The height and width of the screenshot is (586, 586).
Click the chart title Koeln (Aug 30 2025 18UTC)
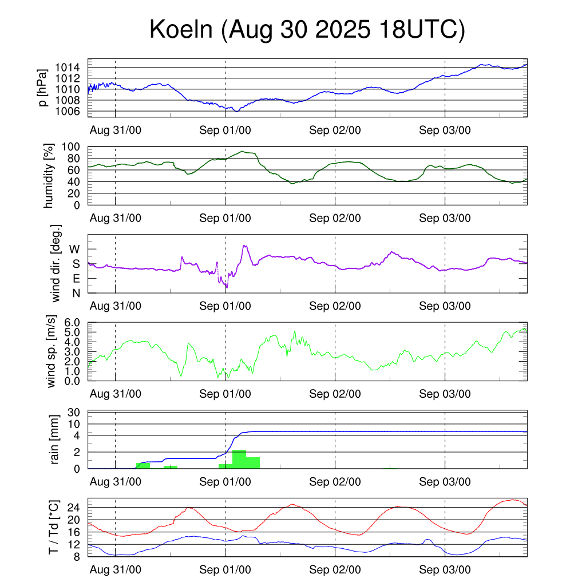click(307, 30)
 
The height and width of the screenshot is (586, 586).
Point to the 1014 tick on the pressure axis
click(71, 68)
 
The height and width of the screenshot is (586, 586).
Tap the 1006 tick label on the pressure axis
click(71, 111)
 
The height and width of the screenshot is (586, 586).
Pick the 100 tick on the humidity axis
click(75, 147)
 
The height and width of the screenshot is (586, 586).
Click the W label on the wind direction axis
click(75, 249)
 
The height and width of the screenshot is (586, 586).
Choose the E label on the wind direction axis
click(76, 279)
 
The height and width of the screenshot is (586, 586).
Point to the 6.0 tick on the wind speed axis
click(74, 323)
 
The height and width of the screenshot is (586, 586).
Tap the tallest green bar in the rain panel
click(239, 459)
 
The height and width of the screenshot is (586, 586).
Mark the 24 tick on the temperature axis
click(76, 508)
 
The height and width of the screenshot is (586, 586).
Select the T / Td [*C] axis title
click(53, 527)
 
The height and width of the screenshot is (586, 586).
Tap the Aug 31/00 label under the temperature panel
click(116, 570)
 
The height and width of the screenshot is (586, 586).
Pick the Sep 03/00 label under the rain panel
click(445, 482)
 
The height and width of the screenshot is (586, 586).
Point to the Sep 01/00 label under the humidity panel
click(225, 218)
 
